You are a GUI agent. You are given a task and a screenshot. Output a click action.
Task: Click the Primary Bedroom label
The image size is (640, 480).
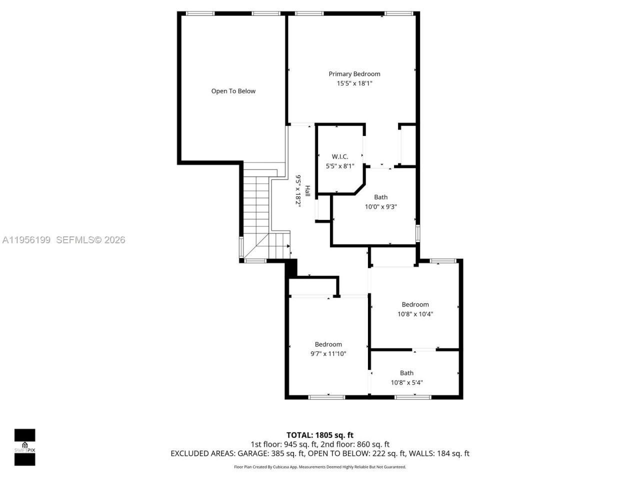click(354, 74)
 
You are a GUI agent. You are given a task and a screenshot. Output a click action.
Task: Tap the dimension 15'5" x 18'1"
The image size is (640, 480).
click(354, 83)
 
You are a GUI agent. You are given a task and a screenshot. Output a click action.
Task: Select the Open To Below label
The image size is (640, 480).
click(233, 91)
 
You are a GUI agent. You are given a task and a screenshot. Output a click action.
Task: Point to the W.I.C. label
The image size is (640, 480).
click(340, 156)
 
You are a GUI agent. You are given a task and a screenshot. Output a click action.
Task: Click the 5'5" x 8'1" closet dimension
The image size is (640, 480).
click(340, 166)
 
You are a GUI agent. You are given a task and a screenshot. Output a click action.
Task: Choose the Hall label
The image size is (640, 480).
click(307, 190)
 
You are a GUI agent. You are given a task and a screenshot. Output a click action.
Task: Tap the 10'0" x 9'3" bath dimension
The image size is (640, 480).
click(380, 206)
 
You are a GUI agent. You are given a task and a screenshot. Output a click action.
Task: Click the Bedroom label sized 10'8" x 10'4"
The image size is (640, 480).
click(415, 304)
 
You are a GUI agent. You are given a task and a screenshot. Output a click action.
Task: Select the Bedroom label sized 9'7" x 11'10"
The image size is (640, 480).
click(328, 344)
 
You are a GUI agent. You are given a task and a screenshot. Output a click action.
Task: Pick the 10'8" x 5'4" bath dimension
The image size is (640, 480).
click(406, 382)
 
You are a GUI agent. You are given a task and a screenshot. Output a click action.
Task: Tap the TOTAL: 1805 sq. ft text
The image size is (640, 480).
click(319, 435)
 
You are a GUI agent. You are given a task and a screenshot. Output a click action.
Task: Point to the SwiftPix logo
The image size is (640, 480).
click(24, 447)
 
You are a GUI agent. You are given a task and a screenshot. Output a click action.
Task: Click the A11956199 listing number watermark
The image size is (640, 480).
click(26, 240)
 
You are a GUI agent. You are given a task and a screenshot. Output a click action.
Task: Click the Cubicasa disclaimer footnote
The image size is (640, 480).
click(319, 467)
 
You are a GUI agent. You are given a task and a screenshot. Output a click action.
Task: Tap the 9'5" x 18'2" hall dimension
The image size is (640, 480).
click(298, 190)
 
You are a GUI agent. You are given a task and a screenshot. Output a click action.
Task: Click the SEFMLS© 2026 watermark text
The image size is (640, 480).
click(90, 240)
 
